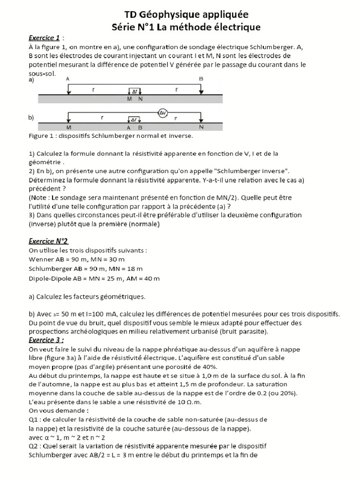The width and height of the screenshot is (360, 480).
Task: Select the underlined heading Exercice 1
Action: pos(45,37)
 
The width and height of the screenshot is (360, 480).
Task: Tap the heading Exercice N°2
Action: pos(48,241)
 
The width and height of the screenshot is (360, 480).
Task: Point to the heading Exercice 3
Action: pos(46,340)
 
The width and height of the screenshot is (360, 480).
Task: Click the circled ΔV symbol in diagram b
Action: pos(162,113)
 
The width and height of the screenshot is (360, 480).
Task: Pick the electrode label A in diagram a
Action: pos(69,80)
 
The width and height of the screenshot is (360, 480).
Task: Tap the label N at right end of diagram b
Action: pos(201,127)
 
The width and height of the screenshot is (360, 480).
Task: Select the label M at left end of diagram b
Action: pos(69,127)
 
